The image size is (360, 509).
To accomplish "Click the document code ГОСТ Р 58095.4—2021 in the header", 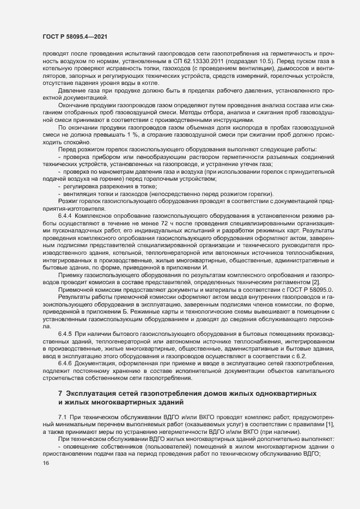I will point(70,36).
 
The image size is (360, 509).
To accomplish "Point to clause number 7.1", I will point(63,416).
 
